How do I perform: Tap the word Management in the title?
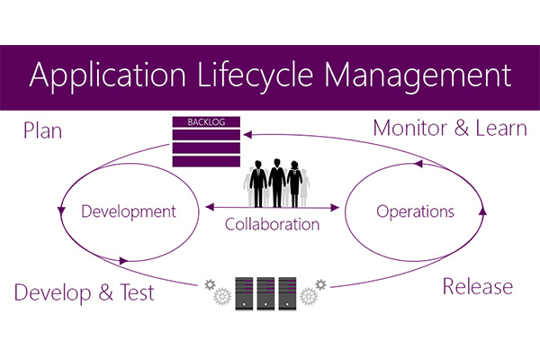coord(415,74)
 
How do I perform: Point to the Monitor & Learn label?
coord(450,128)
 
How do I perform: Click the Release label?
coord(477,286)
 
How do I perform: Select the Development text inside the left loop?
coord(128,212)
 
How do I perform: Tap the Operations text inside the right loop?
coord(414,212)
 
